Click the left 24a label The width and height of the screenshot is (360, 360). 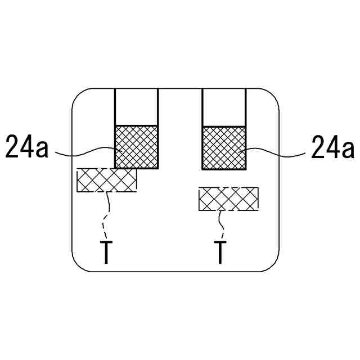tap(28, 147)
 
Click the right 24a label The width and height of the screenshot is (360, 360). tap(332, 147)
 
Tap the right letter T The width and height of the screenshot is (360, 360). tap(220, 253)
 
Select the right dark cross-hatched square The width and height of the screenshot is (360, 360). tap(223, 147)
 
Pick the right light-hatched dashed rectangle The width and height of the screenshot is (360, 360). tap(228, 199)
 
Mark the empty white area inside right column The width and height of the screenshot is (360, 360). tap(223, 107)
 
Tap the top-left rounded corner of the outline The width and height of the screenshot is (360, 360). tap(79, 96)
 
